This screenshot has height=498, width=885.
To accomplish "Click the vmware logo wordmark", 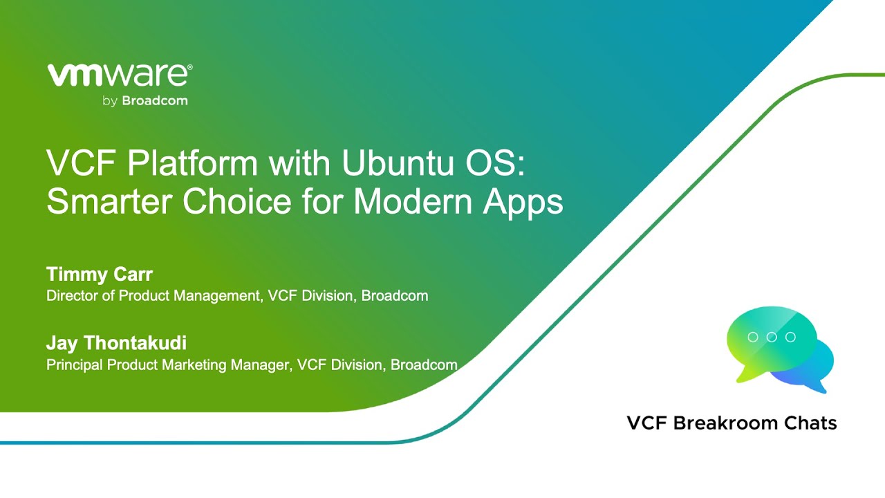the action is [118, 75].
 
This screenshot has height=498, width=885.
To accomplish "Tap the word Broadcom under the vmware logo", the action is [155, 101].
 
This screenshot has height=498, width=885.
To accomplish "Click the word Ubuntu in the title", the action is [398, 163].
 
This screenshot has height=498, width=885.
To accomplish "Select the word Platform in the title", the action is [192, 163].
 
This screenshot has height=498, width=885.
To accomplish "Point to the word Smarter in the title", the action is [109, 201].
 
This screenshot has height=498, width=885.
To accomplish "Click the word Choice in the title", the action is [236, 201].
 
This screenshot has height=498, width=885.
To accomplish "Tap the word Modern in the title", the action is [413, 201].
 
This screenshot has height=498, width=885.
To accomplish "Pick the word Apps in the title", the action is [523, 203].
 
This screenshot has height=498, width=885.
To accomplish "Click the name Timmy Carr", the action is [100, 275].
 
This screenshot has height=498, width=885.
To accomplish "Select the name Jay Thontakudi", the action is [117, 343].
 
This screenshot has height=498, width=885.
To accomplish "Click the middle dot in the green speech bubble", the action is [772, 337].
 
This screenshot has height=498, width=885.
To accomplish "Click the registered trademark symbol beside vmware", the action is [189, 68].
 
